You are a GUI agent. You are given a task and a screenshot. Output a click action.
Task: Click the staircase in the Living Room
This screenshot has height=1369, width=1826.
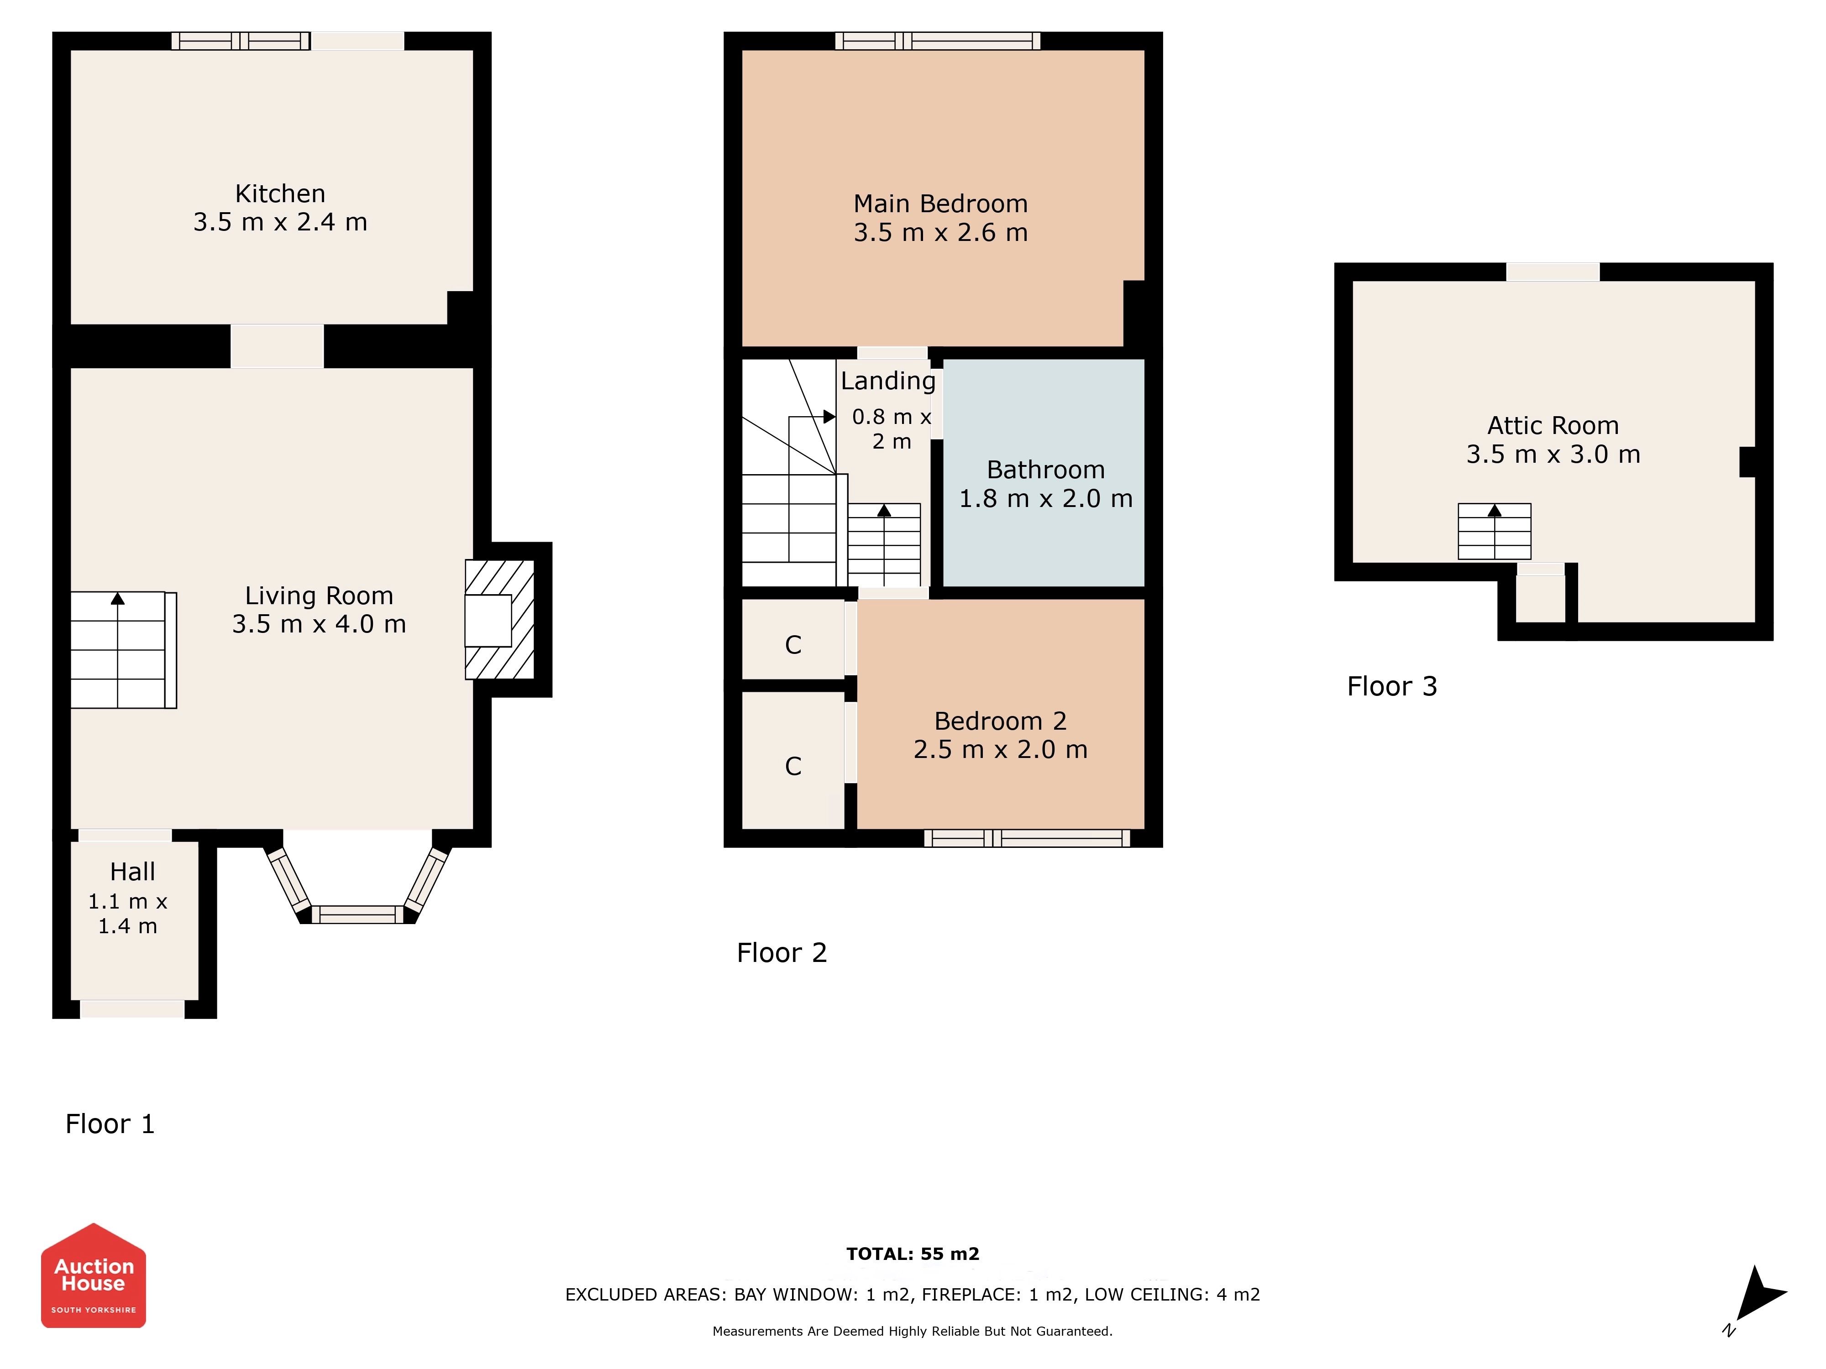tap(123, 650)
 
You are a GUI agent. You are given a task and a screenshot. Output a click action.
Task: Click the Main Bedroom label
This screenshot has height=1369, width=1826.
tap(940, 204)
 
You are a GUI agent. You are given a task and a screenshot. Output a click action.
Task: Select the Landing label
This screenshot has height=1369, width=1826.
tap(888, 381)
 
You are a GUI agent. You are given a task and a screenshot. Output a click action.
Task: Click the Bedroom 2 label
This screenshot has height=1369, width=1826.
tap(1001, 721)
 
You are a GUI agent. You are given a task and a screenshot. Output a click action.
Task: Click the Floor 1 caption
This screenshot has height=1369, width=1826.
tap(110, 1124)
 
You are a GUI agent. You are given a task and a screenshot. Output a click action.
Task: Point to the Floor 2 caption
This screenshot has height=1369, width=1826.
tap(782, 953)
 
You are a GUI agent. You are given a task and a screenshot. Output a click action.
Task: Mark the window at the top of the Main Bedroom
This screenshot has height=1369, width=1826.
tap(938, 41)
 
